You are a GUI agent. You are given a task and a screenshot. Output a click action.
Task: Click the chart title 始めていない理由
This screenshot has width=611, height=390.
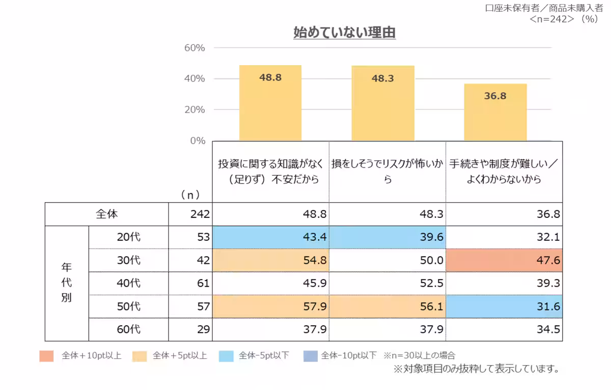tap(345, 33)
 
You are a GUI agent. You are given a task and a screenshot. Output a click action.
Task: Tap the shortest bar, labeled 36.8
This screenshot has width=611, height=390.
tap(495, 112)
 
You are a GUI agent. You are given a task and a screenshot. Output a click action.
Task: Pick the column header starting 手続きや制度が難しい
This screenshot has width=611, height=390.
tap(504, 172)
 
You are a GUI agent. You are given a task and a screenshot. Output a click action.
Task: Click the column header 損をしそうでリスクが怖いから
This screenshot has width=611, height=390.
tap(387, 172)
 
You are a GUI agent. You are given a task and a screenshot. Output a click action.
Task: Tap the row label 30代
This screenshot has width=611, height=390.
tap(128, 260)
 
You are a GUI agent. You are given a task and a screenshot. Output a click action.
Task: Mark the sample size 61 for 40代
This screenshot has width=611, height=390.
tap(203, 283)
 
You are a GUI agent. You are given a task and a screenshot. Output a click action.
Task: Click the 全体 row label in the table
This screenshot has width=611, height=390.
tap(107, 214)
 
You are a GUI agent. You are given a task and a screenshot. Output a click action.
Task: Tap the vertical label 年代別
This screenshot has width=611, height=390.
tap(66, 283)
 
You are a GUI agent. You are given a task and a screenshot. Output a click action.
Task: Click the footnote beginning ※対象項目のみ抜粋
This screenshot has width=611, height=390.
tap(476, 369)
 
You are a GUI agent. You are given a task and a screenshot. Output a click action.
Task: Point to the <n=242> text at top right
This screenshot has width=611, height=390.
tap(554, 19)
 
